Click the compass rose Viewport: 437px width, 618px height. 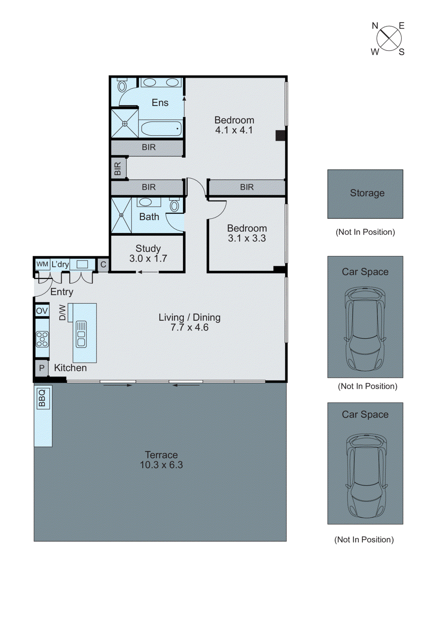(x=389, y=38)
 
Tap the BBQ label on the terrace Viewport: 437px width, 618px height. (x=42, y=398)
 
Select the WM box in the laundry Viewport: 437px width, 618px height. (x=42, y=265)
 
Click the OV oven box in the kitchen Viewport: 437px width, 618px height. (x=42, y=311)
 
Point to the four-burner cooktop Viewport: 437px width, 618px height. (x=42, y=339)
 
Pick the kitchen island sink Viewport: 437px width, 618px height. (x=81, y=334)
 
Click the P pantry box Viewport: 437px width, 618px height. (x=42, y=368)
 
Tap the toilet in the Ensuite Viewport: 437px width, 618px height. (x=122, y=86)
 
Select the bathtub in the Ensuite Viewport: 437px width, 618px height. (x=161, y=128)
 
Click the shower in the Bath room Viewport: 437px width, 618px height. (x=121, y=215)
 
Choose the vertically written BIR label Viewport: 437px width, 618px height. (x=118, y=168)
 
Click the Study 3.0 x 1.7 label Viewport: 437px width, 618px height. (x=148, y=253)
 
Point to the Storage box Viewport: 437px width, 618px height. (x=365, y=194)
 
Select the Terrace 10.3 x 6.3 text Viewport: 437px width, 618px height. (x=161, y=460)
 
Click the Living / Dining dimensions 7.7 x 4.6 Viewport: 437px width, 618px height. (x=189, y=328)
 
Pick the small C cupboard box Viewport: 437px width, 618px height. (x=103, y=265)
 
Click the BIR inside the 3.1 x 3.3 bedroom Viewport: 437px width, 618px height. (x=247, y=187)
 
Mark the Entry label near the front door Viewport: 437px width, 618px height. (x=61, y=292)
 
